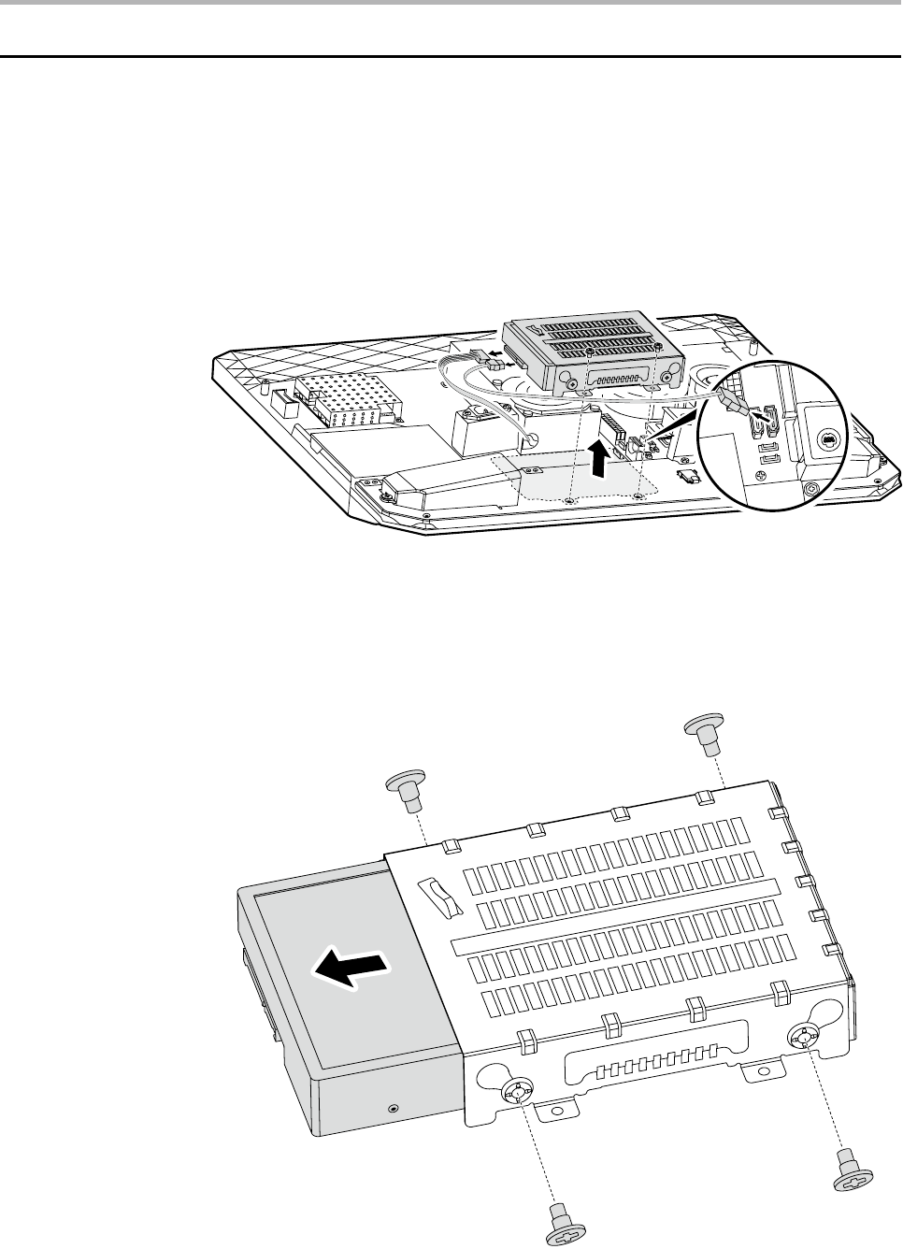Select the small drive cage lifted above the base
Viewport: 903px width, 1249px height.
pos(584,355)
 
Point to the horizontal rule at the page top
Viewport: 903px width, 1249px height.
pos(451,57)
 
